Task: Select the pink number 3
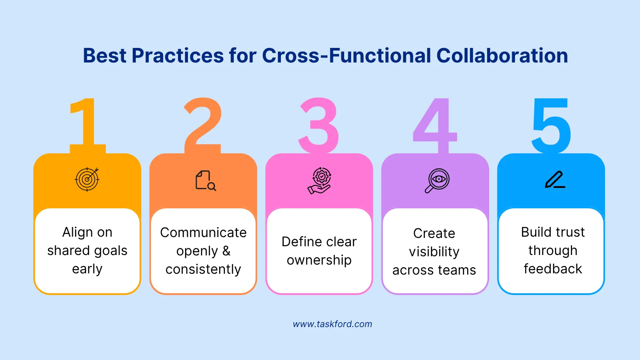pyautogui.click(x=319, y=125)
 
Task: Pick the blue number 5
pyautogui.click(x=551, y=125)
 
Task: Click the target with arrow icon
pyautogui.click(x=87, y=180)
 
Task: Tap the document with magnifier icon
pyautogui.click(x=205, y=180)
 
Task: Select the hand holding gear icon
pyautogui.click(x=320, y=180)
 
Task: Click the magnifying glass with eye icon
pyautogui.click(x=437, y=180)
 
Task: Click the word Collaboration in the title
pyautogui.click(x=502, y=56)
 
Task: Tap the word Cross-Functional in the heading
pyautogui.click(x=346, y=56)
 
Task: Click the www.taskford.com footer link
pyautogui.click(x=332, y=324)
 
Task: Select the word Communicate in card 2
pyautogui.click(x=203, y=232)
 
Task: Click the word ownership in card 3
pyautogui.click(x=319, y=260)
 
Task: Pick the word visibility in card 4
pyautogui.click(x=434, y=252)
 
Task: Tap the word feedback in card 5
pyautogui.click(x=552, y=269)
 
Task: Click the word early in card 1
pyautogui.click(x=87, y=269)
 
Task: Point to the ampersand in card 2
pyautogui.click(x=226, y=251)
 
